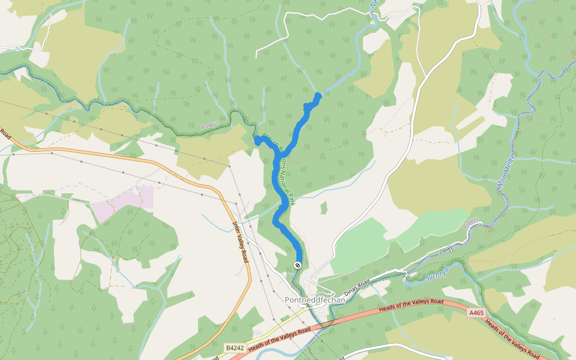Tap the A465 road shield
(476, 313)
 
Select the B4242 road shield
(235, 348)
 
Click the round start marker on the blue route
(298, 265)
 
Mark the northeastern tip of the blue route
(319, 95)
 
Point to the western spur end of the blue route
(256, 139)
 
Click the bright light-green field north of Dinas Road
(360, 246)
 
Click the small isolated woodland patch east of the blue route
(324, 208)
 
